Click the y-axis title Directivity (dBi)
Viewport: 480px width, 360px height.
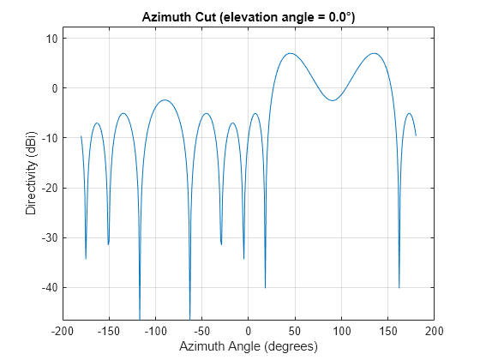(31, 171)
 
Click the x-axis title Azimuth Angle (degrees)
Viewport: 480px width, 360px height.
(249, 346)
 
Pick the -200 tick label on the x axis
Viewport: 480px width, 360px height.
(63, 330)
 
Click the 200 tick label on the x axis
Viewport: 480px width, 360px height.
(434, 330)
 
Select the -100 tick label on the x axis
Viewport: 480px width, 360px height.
(155, 330)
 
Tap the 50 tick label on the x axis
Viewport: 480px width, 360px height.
(295, 330)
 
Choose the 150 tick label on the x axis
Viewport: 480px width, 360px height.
(387, 330)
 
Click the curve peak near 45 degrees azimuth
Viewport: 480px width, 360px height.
(291, 53)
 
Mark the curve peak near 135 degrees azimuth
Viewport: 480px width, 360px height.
(374, 53)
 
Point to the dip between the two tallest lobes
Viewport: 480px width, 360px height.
(332, 101)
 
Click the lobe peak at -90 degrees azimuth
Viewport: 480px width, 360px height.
(165, 100)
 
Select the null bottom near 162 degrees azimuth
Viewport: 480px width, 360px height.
(399, 287)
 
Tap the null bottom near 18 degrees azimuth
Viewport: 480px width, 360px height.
(265, 287)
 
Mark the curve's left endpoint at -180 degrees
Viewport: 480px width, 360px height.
(81, 136)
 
